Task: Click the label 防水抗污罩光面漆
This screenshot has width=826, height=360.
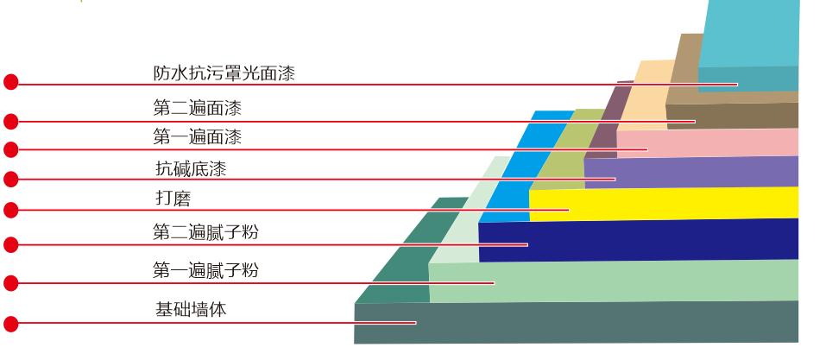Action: click(224, 73)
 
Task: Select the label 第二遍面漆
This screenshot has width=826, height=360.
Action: click(197, 108)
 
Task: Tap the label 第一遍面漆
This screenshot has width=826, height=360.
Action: click(197, 136)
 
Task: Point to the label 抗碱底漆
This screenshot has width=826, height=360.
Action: click(190, 168)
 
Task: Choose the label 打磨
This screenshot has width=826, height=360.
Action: click(172, 199)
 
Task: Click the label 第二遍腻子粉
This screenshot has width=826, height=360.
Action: click(205, 232)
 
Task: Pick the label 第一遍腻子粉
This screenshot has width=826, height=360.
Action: click(205, 271)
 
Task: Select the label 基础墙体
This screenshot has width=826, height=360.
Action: click(191, 309)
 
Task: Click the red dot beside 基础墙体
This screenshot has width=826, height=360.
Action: click(11, 325)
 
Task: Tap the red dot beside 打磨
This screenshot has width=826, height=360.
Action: click(11, 210)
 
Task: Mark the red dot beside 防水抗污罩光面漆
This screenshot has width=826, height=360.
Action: click(11, 82)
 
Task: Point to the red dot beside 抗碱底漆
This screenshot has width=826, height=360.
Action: click(11, 180)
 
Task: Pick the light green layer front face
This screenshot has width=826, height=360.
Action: click(621, 282)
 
